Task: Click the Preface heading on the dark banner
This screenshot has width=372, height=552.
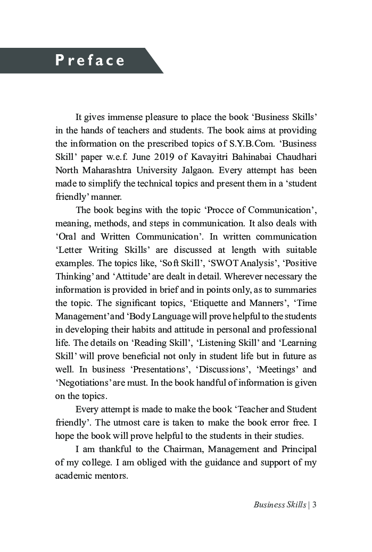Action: click(90, 60)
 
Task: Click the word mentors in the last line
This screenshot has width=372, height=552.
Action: click(112, 475)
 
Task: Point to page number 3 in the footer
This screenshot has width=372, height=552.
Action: click(315, 505)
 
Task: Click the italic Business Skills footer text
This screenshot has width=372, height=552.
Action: click(279, 505)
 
